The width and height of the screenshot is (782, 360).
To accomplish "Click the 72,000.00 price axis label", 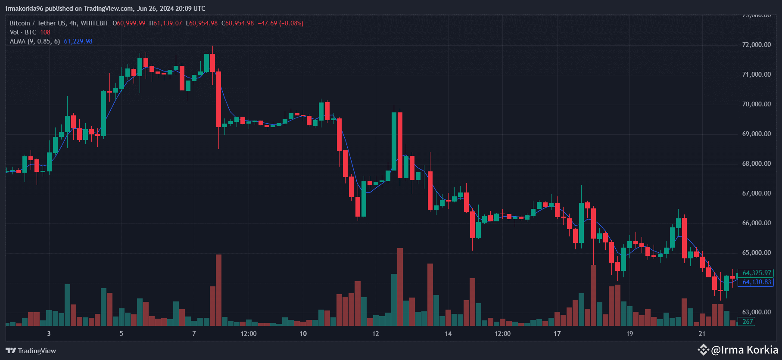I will coord(756,45).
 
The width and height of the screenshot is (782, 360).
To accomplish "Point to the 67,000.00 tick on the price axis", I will coord(756,193).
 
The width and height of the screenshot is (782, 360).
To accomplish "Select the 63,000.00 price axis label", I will coord(756,312).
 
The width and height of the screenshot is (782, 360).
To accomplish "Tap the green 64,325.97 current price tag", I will coord(757,273).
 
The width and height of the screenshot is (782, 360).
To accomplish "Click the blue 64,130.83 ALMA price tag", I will coord(757,282).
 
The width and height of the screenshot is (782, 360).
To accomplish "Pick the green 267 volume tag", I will coord(748,322).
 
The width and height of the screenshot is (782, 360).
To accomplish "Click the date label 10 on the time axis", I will coord(303,334).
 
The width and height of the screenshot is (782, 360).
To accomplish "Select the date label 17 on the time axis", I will coord(557,334).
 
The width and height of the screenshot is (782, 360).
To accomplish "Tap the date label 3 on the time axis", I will coord(49,334).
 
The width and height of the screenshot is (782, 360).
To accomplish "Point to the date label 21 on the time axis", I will coord(702,334).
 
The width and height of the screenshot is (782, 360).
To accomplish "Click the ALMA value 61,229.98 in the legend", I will coord(78,41).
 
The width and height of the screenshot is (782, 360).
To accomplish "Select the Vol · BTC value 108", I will coord(45,32).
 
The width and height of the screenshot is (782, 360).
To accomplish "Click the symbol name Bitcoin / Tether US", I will coord(38,23).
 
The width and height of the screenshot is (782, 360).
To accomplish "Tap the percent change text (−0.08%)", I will coord(291,23).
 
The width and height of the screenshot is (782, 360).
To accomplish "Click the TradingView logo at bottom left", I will coord(31,351).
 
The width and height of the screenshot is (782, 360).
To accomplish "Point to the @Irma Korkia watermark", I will coord(738,350).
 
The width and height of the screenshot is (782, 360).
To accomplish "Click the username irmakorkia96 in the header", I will coord(24,9).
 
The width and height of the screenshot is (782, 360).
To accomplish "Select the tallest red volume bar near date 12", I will coord(400,287).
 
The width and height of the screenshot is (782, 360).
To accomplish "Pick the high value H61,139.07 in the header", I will coord(165,23).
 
